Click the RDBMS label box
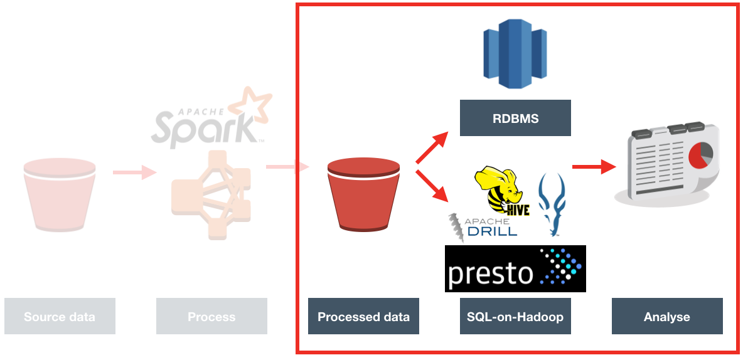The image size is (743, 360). coord(515,118)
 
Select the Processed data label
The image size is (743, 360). coord(363,316)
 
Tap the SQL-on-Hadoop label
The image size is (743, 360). coord(515,316)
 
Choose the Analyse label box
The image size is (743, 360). coord(667,316)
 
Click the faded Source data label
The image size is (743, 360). coord(60,316)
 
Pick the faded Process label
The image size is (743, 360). coord(211,316)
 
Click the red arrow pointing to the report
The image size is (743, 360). coord(593,167)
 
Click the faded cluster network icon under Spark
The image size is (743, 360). coord(211,194)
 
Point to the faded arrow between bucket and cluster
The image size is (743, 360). coord(134,171)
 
